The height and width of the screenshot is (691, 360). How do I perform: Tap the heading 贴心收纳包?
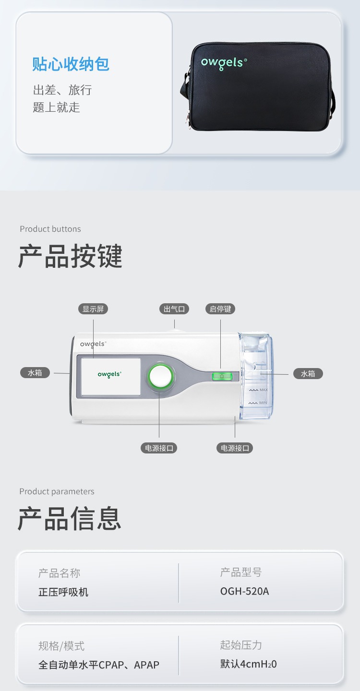[x=71, y=64]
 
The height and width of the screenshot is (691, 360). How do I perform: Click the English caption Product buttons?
[x=50, y=229]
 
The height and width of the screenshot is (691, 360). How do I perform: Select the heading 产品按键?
[x=71, y=256]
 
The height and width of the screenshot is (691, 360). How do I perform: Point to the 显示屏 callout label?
[x=93, y=309]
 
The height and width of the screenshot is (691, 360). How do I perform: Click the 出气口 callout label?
[x=174, y=309]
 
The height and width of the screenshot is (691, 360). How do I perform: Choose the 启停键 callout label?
[x=220, y=309]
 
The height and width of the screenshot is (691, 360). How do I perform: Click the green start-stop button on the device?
[x=221, y=376]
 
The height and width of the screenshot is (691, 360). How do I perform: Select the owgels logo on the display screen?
[x=109, y=374]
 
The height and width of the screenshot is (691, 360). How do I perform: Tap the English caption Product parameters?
[x=57, y=491]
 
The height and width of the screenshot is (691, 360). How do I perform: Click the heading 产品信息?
[x=70, y=519]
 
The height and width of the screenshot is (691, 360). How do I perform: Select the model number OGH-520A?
[x=245, y=591]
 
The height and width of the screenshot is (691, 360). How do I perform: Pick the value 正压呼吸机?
[x=63, y=592]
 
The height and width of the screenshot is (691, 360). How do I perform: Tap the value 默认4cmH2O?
[x=249, y=664]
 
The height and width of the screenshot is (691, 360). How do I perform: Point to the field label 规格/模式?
[x=61, y=646]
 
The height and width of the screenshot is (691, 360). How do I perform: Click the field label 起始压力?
[x=241, y=645]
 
